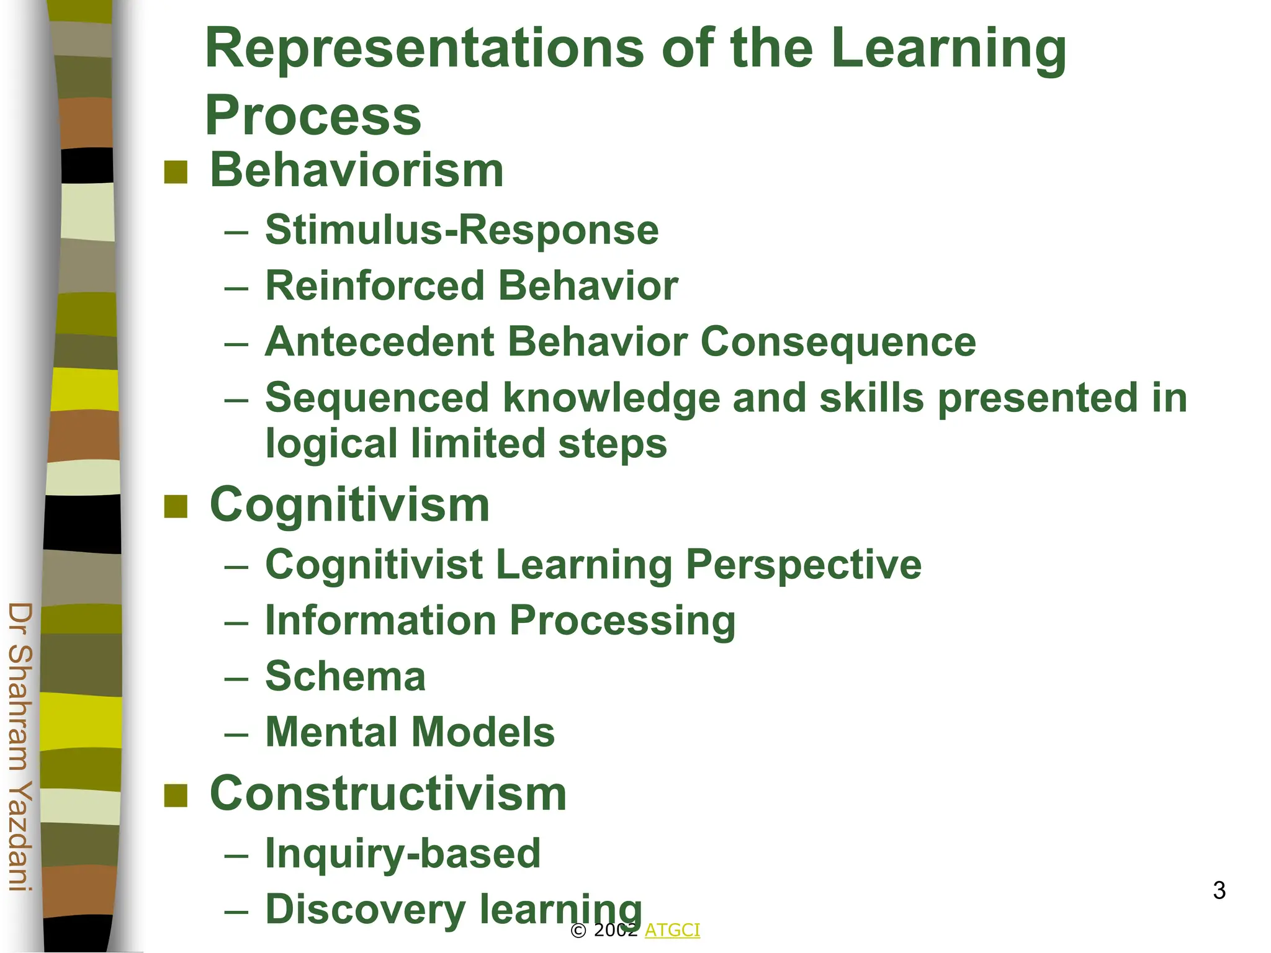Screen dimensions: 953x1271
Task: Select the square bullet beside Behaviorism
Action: point(176,172)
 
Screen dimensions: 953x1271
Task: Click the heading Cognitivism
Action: point(350,505)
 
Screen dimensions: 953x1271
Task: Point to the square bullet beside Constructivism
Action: point(176,795)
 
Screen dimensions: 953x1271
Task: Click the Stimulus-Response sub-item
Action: point(462,230)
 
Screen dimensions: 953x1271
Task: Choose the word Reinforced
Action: point(374,286)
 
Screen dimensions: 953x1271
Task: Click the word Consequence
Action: point(838,342)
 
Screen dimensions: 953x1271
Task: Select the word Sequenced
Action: point(377,398)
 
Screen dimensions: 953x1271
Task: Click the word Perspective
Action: point(803,565)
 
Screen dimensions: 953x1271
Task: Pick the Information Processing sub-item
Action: point(500,620)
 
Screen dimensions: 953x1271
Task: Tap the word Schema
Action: point(346,676)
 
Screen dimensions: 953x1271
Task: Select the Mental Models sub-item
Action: point(410,732)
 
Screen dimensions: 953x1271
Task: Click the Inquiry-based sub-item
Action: point(403,853)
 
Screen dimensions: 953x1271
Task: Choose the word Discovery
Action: point(366,910)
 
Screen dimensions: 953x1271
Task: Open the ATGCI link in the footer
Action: point(672,930)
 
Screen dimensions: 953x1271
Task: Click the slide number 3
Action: point(1219,890)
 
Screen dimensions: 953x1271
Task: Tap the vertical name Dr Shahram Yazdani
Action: point(20,747)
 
